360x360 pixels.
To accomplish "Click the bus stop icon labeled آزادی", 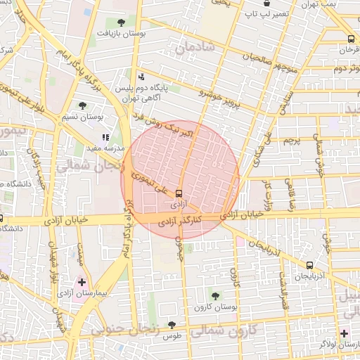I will tap(179, 193).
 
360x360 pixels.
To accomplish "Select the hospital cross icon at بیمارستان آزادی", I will tap(83, 281).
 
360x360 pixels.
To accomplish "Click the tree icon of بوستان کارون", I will tap(215, 296).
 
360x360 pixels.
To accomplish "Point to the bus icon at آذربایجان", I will tap(310, 265).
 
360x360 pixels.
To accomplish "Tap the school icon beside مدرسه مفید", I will tap(106, 137).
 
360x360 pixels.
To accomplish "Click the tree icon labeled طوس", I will tap(172, 324).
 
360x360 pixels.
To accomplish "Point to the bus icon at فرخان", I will tap(351, 39).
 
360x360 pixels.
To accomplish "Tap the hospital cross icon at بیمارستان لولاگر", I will tap(343, 333).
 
